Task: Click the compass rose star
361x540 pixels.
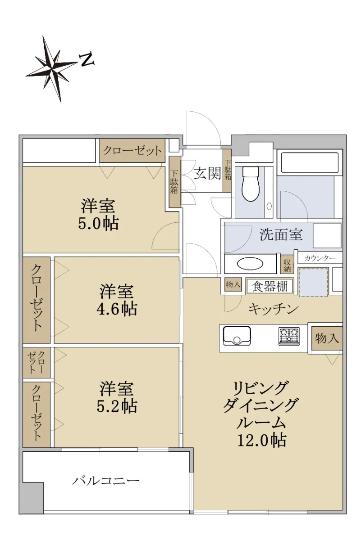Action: click(52, 68)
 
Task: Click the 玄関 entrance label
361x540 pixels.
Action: click(207, 173)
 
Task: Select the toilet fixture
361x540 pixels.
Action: click(251, 183)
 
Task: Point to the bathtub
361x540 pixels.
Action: click(310, 162)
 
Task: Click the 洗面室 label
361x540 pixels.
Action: click(281, 234)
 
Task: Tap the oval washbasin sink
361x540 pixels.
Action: click(250, 264)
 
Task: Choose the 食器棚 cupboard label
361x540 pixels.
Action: click(270, 286)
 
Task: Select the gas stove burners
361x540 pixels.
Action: click(289, 336)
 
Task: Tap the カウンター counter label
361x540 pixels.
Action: click(320, 259)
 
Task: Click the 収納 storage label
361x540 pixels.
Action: click(287, 265)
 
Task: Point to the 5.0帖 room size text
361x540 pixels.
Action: click(98, 224)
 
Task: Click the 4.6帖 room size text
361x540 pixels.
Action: click(117, 309)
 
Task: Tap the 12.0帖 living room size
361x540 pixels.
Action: click(262, 441)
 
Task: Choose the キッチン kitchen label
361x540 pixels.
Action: click(274, 309)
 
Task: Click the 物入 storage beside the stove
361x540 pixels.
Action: click(327, 338)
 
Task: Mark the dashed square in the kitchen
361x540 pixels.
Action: click(313, 282)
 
